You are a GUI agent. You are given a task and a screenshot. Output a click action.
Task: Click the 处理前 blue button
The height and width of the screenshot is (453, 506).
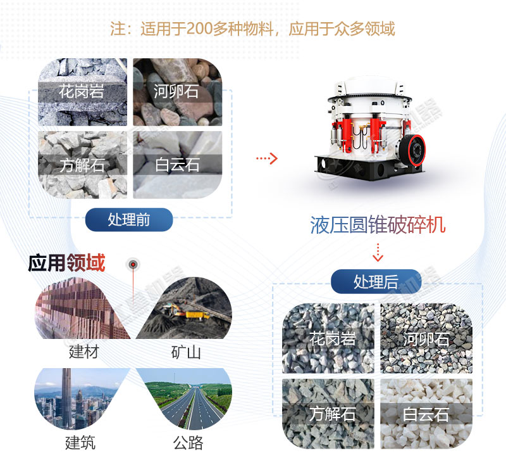click(x=129, y=220)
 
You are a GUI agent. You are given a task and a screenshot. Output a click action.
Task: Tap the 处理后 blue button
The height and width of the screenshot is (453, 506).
click(x=376, y=281)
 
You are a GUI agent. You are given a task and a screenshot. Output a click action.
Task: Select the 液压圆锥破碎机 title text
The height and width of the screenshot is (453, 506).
click(x=378, y=226)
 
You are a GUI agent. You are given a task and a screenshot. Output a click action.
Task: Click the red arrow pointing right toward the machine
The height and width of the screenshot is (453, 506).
click(x=267, y=158)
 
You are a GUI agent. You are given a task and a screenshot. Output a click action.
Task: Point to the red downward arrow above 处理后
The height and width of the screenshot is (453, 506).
click(x=378, y=252)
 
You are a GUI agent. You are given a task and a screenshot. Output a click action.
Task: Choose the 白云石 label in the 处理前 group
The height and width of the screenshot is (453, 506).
click(x=176, y=166)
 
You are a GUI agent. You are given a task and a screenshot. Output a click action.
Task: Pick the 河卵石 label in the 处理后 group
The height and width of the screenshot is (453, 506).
click(x=426, y=339)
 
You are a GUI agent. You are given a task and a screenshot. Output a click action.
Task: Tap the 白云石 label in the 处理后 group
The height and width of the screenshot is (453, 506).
click(x=426, y=414)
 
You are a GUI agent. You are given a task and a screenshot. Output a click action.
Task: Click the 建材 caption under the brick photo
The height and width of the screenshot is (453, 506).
click(x=84, y=351)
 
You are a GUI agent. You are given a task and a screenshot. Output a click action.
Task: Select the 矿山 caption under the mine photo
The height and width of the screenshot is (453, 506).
click(x=185, y=352)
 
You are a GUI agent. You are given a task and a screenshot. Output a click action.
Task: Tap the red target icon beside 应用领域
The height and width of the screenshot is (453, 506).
click(x=133, y=264)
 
